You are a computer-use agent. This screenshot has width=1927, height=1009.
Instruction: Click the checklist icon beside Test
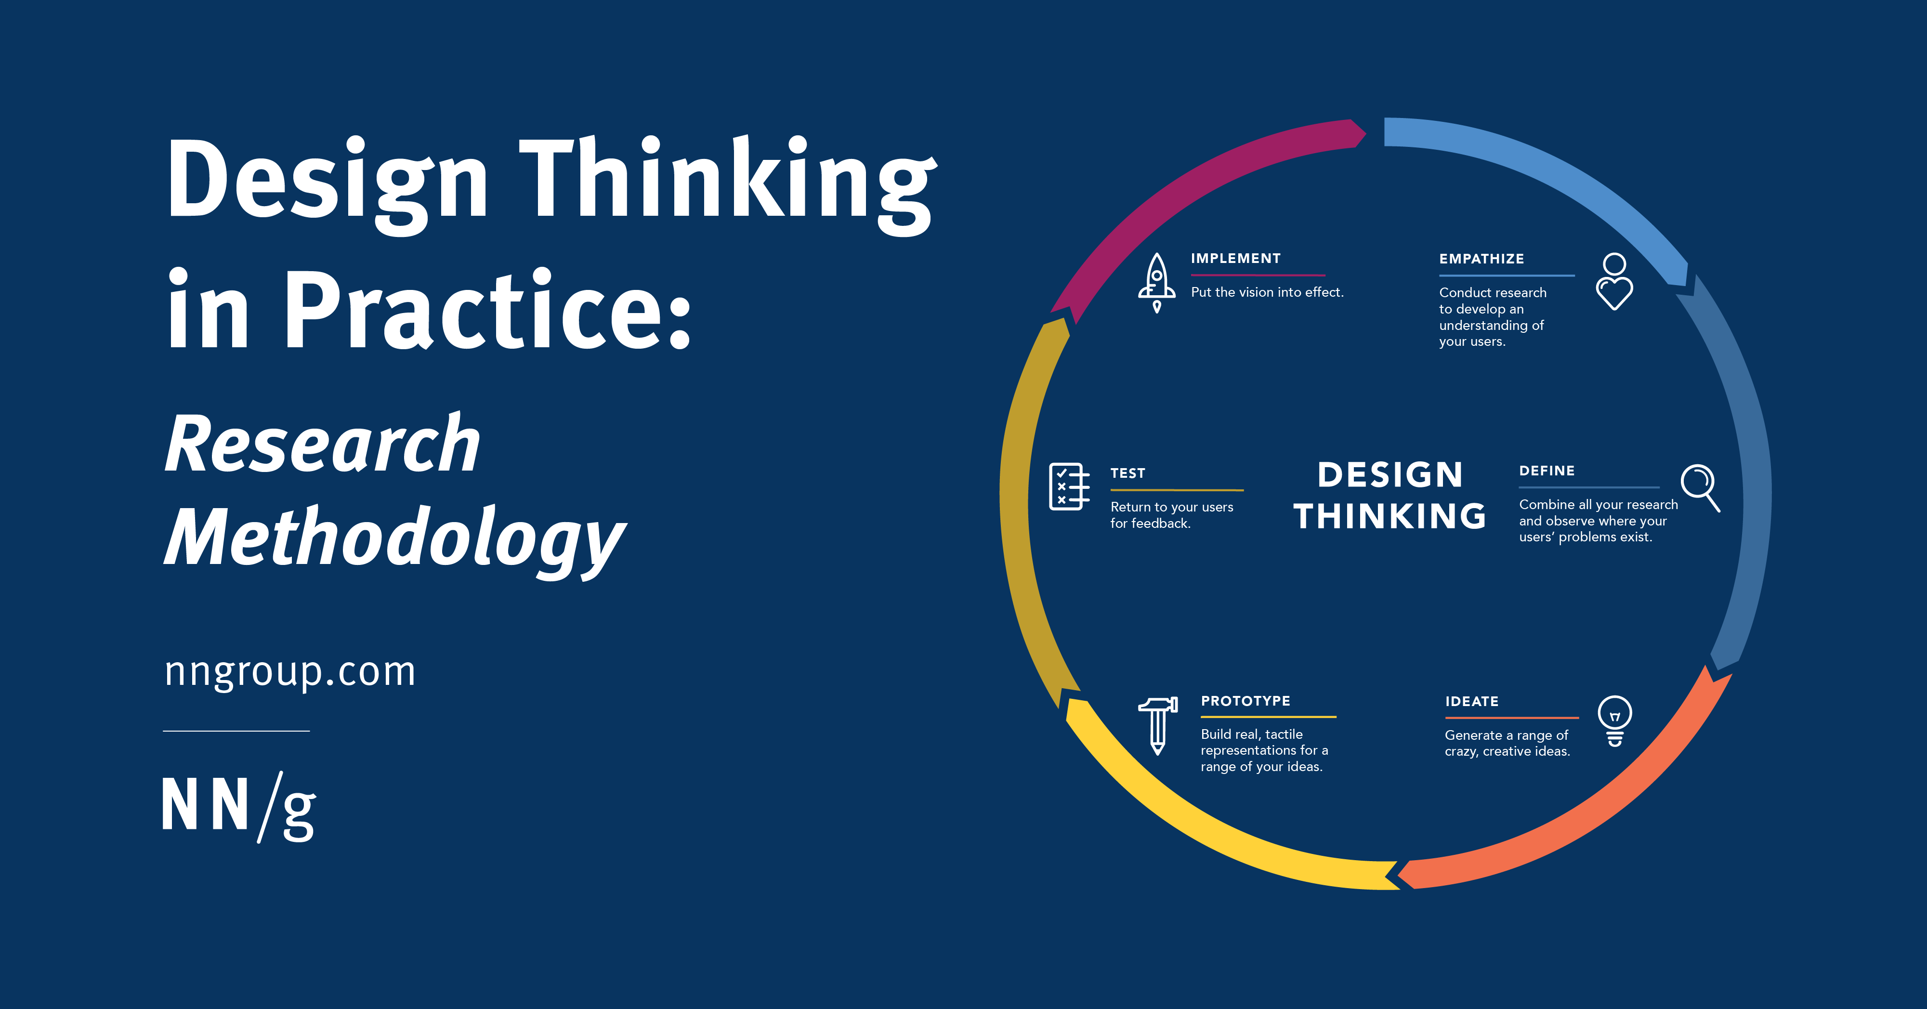[x=1069, y=486]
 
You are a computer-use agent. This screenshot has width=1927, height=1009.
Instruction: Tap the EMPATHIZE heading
[x=1481, y=259]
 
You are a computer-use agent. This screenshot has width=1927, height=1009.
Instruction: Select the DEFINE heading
[x=1546, y=471]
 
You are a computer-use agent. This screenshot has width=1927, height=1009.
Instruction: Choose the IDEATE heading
[x=1471, y=701]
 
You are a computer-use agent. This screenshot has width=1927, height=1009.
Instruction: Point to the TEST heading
[x=1127, y=472]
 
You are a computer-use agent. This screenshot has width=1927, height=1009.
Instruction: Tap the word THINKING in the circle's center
[x=1389, y=516]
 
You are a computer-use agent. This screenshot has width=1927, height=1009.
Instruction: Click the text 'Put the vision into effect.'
[x=1267, y=292]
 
